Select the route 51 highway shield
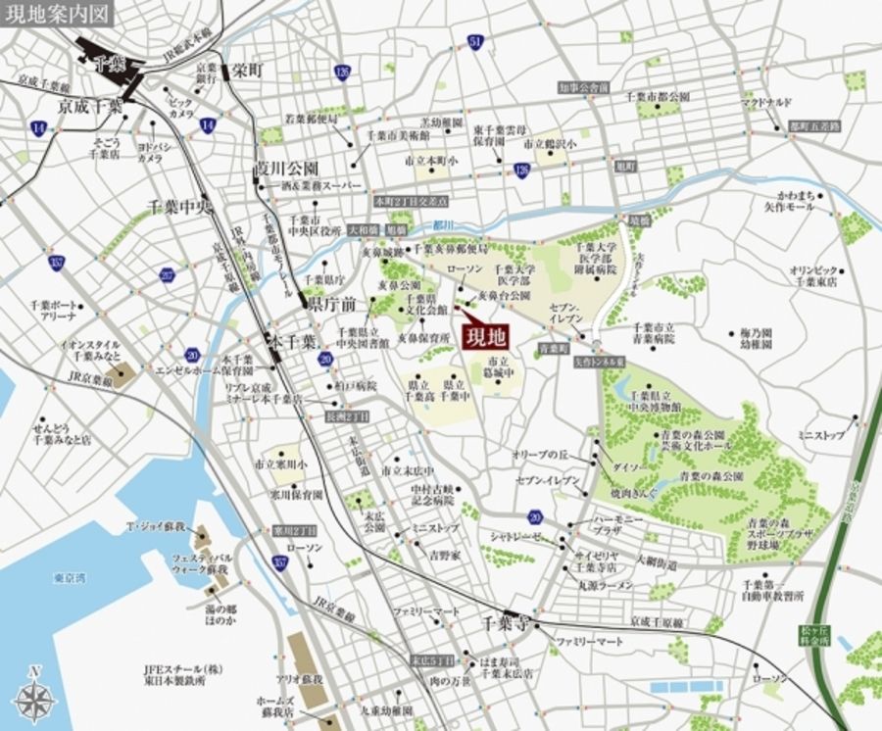[475, 41]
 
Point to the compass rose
[36, 697]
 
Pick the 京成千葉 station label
[89, 105]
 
